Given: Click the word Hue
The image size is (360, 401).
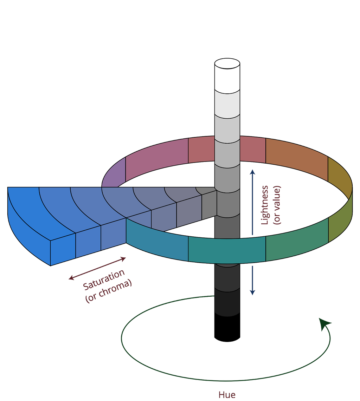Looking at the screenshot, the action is [227, 395].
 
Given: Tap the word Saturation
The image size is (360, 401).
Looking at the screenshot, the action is [104, 280].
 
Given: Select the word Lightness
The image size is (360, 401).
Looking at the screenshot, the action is [264, 205].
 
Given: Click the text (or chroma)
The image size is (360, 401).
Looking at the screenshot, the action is [109, 291].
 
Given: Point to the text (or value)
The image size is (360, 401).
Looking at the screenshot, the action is [277, 205].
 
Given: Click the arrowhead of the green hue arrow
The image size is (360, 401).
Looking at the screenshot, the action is [324, 324].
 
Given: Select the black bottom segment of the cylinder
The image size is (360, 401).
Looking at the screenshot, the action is [227, 328].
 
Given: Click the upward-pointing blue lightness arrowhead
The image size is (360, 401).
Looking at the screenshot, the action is [252, 172].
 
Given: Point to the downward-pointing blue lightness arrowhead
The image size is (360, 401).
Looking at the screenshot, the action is [252, 292].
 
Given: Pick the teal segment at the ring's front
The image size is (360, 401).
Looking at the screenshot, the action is [227, 250].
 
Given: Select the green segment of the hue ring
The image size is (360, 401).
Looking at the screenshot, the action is [297, 239].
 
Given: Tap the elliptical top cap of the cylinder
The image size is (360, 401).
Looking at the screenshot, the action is [227, 64].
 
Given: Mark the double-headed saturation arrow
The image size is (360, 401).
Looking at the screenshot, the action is [97, 268].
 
